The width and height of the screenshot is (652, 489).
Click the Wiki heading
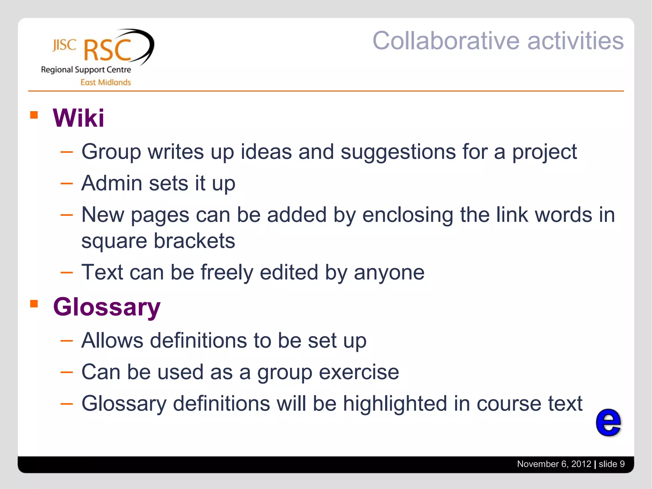78,118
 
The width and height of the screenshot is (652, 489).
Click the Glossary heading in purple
107,307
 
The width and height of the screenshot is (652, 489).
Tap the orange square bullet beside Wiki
34,115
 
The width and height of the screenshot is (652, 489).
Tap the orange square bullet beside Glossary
34,304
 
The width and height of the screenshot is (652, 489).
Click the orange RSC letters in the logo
108,50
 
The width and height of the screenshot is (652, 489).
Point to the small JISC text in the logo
64,45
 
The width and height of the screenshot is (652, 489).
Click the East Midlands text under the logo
105,82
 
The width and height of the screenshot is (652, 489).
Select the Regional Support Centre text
86,70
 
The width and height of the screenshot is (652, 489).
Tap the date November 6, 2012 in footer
554,464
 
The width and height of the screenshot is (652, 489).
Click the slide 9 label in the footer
611,464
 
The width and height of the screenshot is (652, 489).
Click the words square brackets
158,241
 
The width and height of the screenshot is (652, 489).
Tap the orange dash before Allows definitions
67,341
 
